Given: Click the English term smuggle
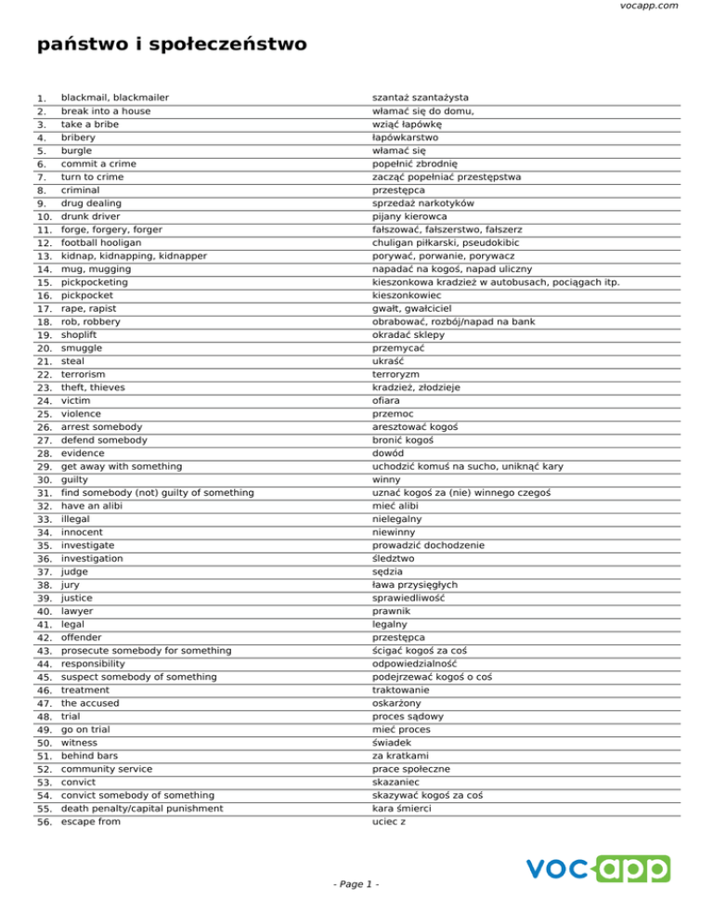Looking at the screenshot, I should (83, 347).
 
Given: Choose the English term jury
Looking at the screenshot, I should (70, 585).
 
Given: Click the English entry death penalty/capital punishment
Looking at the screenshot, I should (142, 808).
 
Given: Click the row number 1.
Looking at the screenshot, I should (40, 98).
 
